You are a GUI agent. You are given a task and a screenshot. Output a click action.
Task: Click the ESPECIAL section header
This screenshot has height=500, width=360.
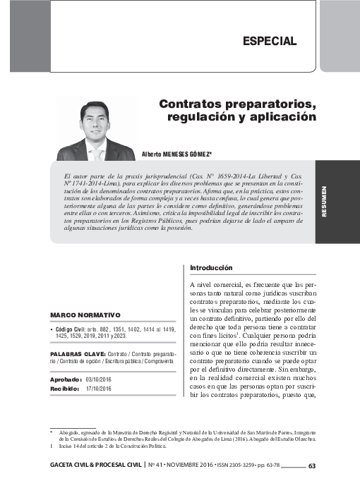pyautogui.click(x=269, y=41)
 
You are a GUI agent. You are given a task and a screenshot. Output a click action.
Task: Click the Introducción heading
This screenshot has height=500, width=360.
pyautogui.click(x=212, y=268)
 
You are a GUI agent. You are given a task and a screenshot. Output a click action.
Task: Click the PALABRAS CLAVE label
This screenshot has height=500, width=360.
pyautogui.click(x=78, y=352)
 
